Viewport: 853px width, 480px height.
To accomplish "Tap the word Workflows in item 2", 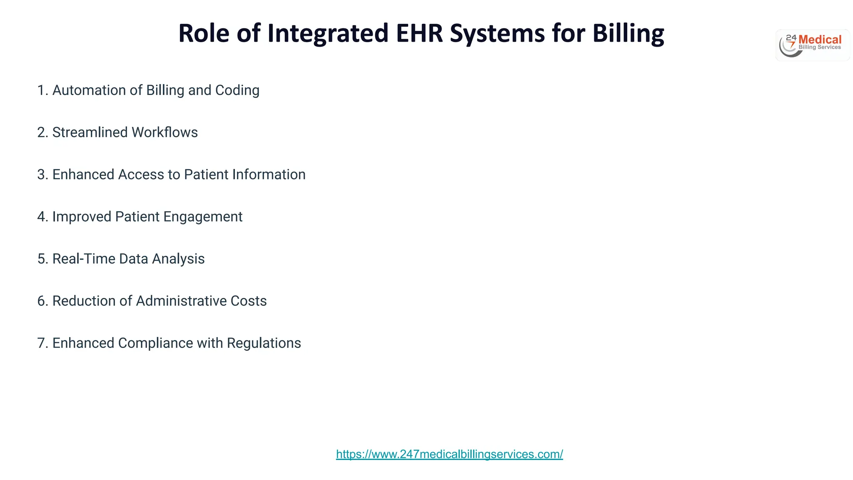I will coord(165,132).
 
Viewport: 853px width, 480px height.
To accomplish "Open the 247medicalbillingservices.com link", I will coord(449,454).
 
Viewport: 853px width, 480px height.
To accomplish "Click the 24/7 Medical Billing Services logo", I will coord(812,45).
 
